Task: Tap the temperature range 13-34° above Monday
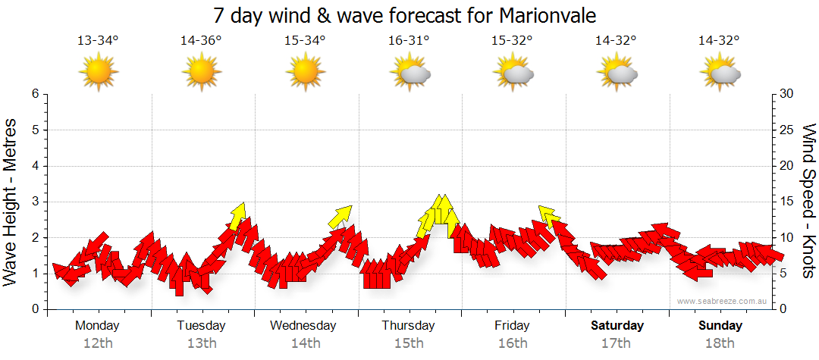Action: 98,41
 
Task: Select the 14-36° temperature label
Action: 201,41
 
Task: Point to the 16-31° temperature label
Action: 409,41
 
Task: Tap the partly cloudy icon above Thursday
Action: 409,73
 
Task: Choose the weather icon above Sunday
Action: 720,73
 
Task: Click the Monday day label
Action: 97,326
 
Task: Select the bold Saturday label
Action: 617,326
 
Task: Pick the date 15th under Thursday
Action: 409,343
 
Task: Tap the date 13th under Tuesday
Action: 201,343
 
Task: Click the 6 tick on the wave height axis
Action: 35,94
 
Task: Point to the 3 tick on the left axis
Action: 35,202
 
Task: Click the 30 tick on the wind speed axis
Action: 787,94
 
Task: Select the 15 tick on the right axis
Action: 787,202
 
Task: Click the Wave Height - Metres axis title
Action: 11,202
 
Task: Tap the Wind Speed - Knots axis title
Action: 808,202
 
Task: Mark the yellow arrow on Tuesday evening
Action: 238,215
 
